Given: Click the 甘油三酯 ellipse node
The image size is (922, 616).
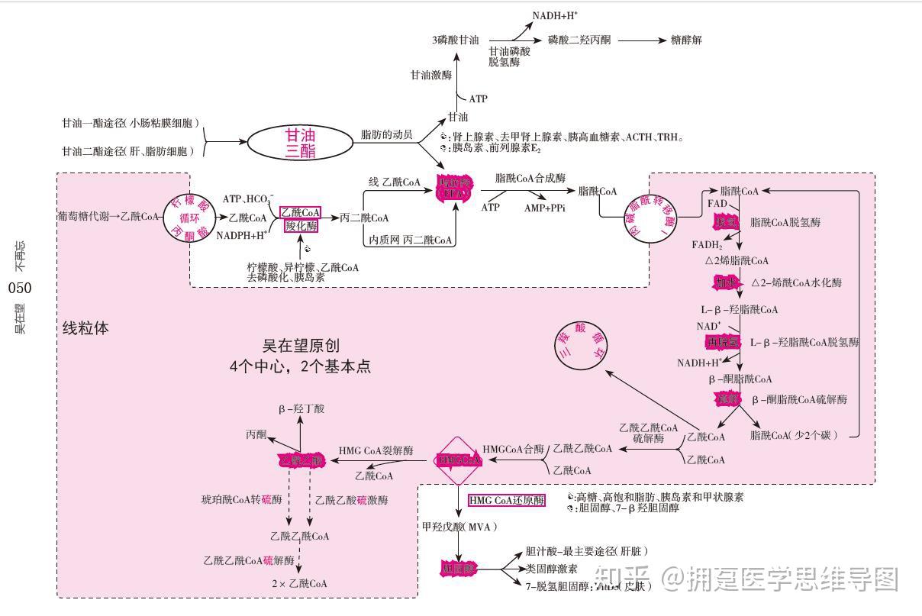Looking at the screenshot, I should tap(300, 143).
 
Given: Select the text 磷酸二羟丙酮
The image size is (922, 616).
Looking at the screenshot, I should tap(579, 40).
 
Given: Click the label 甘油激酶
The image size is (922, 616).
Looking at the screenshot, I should tap(430, 76).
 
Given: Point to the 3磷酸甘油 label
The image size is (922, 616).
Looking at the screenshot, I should tap(455, 40).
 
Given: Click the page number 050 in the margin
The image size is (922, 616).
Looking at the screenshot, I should tap(20, 289).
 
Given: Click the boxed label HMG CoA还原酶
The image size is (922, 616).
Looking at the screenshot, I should tap(507, 501).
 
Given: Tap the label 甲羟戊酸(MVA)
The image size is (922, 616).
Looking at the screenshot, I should tap(459, 527).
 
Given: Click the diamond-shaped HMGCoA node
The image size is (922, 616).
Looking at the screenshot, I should tap(459, 460).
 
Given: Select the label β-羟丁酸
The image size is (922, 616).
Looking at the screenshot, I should tap(301, 409).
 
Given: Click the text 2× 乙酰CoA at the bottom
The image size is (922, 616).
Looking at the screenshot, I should tap(299, 583).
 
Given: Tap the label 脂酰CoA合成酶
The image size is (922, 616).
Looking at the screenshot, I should tap(530, 178).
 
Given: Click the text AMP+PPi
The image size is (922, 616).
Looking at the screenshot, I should tap(545, 207).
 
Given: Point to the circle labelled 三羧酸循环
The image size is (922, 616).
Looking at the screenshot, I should tap(584, 346).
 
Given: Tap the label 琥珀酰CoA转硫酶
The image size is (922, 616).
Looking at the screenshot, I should tap(241, 500).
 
